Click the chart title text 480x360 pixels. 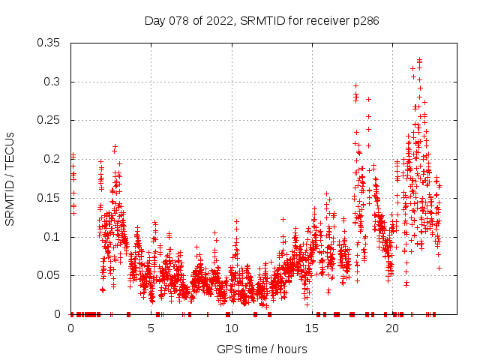(262, 21)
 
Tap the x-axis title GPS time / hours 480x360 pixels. (262, 349)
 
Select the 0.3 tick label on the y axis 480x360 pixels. (54, 82)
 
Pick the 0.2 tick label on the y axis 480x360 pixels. (54, 159)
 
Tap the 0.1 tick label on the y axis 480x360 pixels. (54, 237)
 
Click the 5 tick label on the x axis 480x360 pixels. (151, 328)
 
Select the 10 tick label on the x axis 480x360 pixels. (232, 328)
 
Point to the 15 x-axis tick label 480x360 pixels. (312, 328)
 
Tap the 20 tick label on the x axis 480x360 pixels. (392, 328)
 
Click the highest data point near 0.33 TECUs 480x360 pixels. (419, 59)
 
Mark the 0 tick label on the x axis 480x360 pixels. (71, 328)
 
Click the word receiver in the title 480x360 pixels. (331, 21)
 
